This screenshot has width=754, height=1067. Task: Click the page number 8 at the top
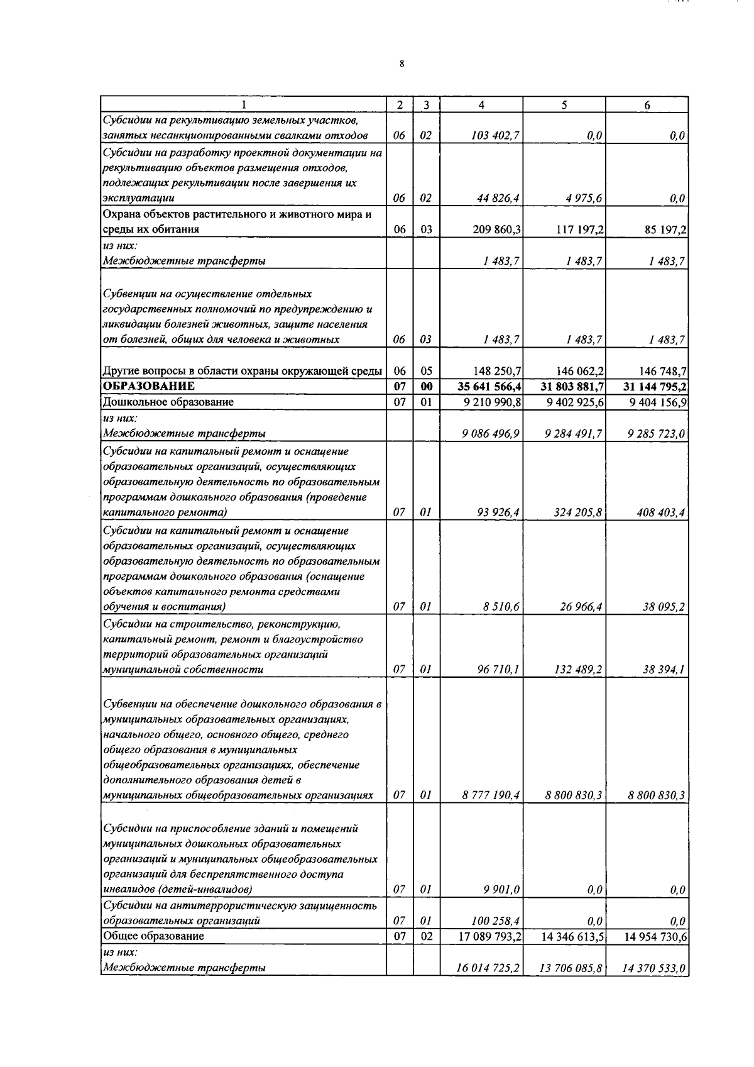402,64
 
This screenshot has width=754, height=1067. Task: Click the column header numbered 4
481,105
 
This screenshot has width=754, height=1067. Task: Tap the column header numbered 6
647,105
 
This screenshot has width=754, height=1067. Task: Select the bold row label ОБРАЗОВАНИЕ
149,386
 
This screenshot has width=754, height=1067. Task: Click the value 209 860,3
496,229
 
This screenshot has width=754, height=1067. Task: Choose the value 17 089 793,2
491,936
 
